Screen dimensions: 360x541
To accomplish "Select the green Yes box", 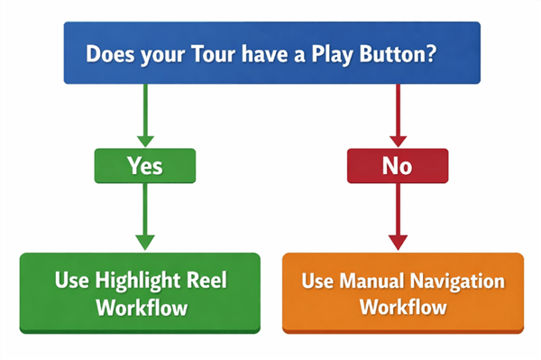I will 144,165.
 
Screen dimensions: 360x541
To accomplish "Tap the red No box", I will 398,165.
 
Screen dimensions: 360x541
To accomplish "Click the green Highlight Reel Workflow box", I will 140,292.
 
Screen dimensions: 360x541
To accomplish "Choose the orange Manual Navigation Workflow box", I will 403,292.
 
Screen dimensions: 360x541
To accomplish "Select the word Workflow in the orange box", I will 403,307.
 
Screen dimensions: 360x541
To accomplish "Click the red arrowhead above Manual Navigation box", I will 398,242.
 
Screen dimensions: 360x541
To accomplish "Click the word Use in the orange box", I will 316,281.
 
